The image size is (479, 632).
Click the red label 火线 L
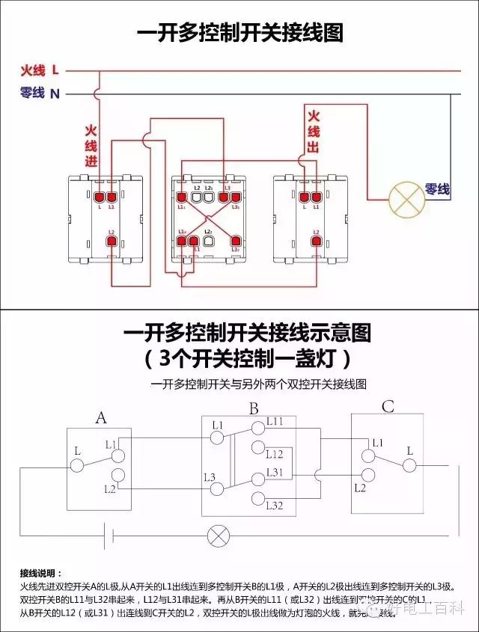pyautogui.click(x=40, y=71)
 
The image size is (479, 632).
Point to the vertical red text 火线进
pyautogui.click(x=91, y=147)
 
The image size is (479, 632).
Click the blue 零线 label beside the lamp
pyautogui.click(x=437, y=190)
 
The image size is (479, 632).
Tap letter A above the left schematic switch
pyautogui.click(x=101, y=417)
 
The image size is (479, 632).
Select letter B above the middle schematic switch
pyautogui.click(x=254, y=409)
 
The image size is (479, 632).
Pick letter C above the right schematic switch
pyautogui.click(x=388, y=407)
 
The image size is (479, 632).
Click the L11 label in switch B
pyautogui.click(x=275, y=423)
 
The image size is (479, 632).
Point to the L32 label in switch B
pyautogui.click(x=275, y=506)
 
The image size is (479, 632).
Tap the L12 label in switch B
pyautogui.click(x=275, y=454)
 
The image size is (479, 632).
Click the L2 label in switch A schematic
pyautogui.click(x=110, y=488)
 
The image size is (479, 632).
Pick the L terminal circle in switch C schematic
pyautogui.click(x=409, y=465)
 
